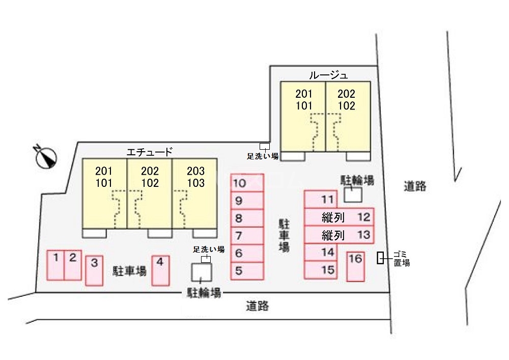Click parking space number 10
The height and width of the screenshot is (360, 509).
tap(247, 183)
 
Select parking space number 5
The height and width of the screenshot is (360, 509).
tap(247, 271)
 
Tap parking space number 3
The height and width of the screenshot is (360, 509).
tap(94, 270)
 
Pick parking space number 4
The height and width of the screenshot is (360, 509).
tap(160, 270)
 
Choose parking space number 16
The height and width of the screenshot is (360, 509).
tap(355, 266)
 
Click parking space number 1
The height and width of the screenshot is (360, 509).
tap(55, 265)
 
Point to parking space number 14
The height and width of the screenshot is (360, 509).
tap(321, 252)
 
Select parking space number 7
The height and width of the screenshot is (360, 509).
tap(247, 236)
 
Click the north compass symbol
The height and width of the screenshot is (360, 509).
tap(45, 156)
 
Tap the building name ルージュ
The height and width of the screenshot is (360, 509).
tap(328, 75)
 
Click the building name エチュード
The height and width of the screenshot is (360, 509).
tap(149, 152)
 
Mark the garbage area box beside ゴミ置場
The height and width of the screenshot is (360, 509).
tap(380, 258)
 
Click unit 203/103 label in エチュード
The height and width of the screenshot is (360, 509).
tap(196, 177)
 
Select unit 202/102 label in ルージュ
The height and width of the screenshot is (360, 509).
tap(346, 100)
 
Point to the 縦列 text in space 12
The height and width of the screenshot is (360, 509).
tap(333, 217)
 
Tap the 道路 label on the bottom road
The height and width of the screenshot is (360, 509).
tap(258, 306)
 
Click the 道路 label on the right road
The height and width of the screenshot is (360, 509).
tap(415, 186)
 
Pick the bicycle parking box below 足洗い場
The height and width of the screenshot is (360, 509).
tap(201, 272)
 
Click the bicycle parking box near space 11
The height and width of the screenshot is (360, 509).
tap(353, 195)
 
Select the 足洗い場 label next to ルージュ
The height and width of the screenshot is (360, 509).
tap(263, 156)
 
